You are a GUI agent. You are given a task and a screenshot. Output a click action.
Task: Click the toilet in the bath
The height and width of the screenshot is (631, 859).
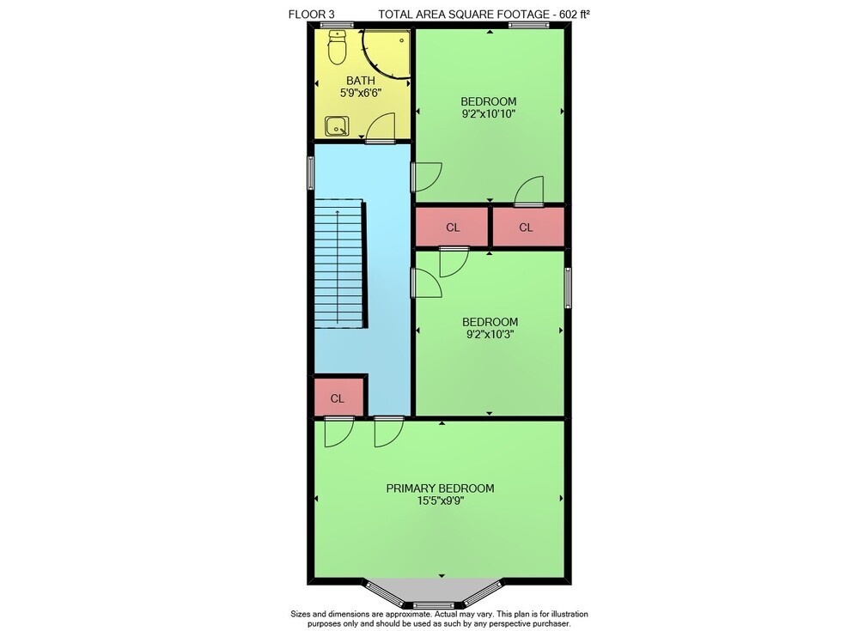[337, 47]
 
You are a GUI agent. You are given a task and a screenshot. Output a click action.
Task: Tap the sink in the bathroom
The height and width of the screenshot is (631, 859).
[336, 126]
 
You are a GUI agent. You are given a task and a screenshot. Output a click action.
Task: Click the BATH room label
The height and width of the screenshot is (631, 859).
[361, 81]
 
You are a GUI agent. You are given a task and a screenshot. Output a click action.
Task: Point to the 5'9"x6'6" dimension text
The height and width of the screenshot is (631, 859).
[361, 93]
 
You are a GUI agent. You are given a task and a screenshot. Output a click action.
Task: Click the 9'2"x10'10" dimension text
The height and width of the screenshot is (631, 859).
[489, 114]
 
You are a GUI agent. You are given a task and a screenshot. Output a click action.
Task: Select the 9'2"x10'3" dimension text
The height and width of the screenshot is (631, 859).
[490, 334]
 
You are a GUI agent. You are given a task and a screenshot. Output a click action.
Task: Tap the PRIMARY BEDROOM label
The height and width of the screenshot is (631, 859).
[440, 488]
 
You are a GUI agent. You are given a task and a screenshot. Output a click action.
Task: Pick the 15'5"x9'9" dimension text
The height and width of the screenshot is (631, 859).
[440, 501]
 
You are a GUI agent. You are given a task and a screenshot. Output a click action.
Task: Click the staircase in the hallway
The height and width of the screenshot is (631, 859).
[339, 264]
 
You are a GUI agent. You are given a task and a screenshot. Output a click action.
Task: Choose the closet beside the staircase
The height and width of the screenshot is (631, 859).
[338, 397]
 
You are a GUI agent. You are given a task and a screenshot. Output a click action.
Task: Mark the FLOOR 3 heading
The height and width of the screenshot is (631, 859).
[311, 15]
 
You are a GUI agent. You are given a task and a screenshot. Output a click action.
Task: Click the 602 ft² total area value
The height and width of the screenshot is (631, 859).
[575, 15]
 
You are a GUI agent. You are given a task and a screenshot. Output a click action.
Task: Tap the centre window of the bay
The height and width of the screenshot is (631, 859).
[433, 604]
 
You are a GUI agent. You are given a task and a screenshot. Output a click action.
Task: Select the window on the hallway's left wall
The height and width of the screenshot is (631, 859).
[311, 173]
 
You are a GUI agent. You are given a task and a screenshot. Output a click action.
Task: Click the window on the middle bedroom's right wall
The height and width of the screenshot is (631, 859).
[568, 288]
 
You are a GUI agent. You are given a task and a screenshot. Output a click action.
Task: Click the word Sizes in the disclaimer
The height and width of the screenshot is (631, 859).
[301, 614]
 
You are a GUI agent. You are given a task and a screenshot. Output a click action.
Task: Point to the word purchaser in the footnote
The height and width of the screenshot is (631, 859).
[551, 624]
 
